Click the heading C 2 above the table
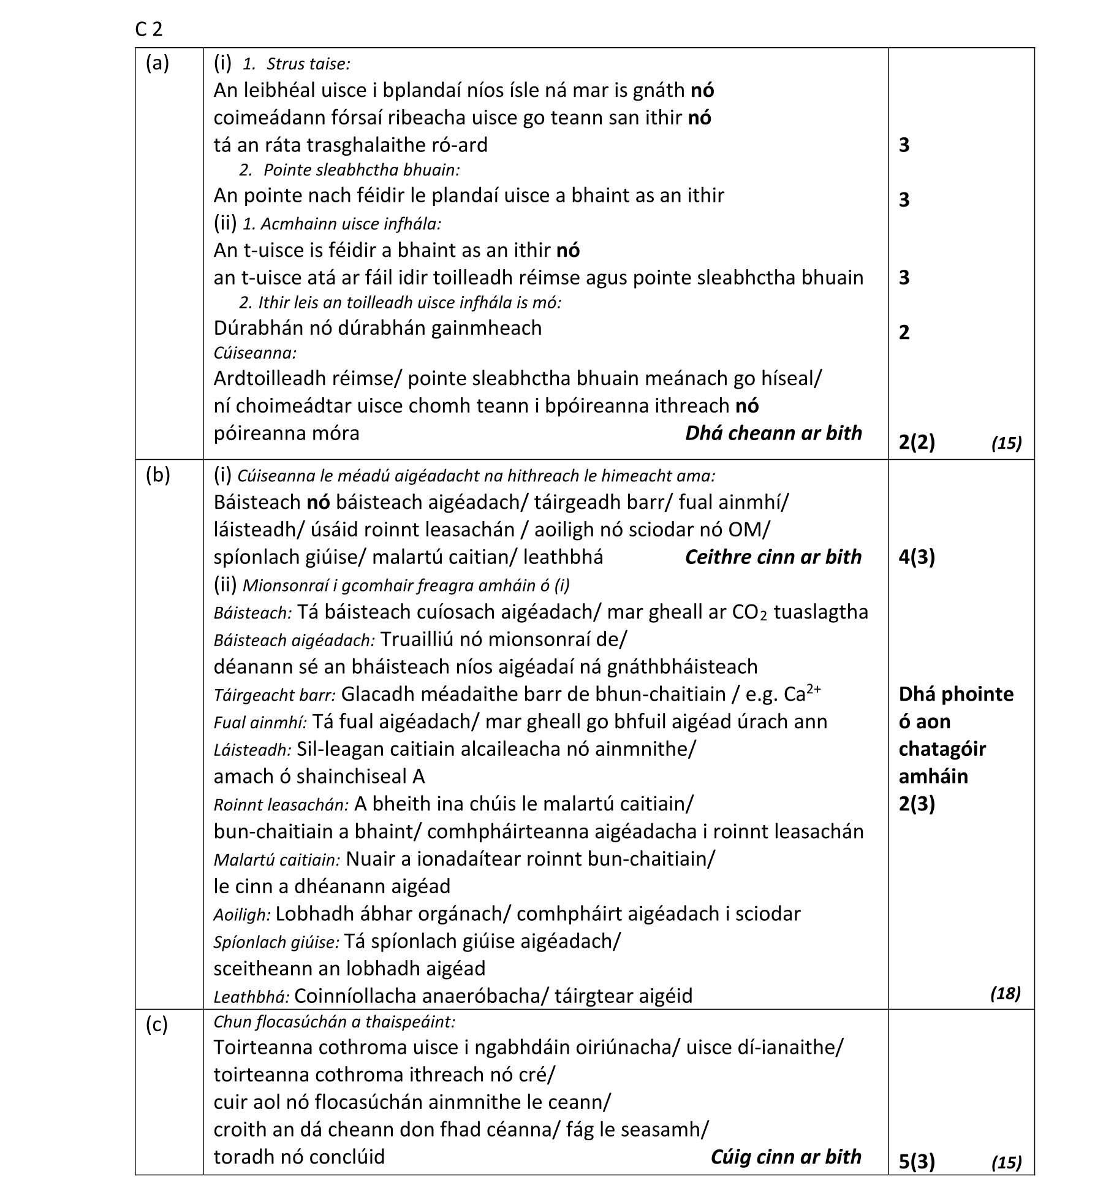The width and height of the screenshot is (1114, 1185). coord(149,29)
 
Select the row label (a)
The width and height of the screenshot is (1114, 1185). coord(157,63)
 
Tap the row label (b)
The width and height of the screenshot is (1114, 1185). coord(158,475)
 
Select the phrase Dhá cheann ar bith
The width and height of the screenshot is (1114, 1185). coord(773,433)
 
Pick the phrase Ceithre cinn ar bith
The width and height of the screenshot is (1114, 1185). coord(773,557)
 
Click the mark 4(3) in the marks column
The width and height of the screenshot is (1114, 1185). coord(917,557)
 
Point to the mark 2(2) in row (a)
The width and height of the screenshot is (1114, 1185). coord(917,442)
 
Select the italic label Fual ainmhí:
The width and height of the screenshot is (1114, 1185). coord(260,723)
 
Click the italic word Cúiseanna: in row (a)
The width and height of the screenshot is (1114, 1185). coord(255,353)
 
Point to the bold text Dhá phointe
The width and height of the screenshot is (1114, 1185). coord(956,694)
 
